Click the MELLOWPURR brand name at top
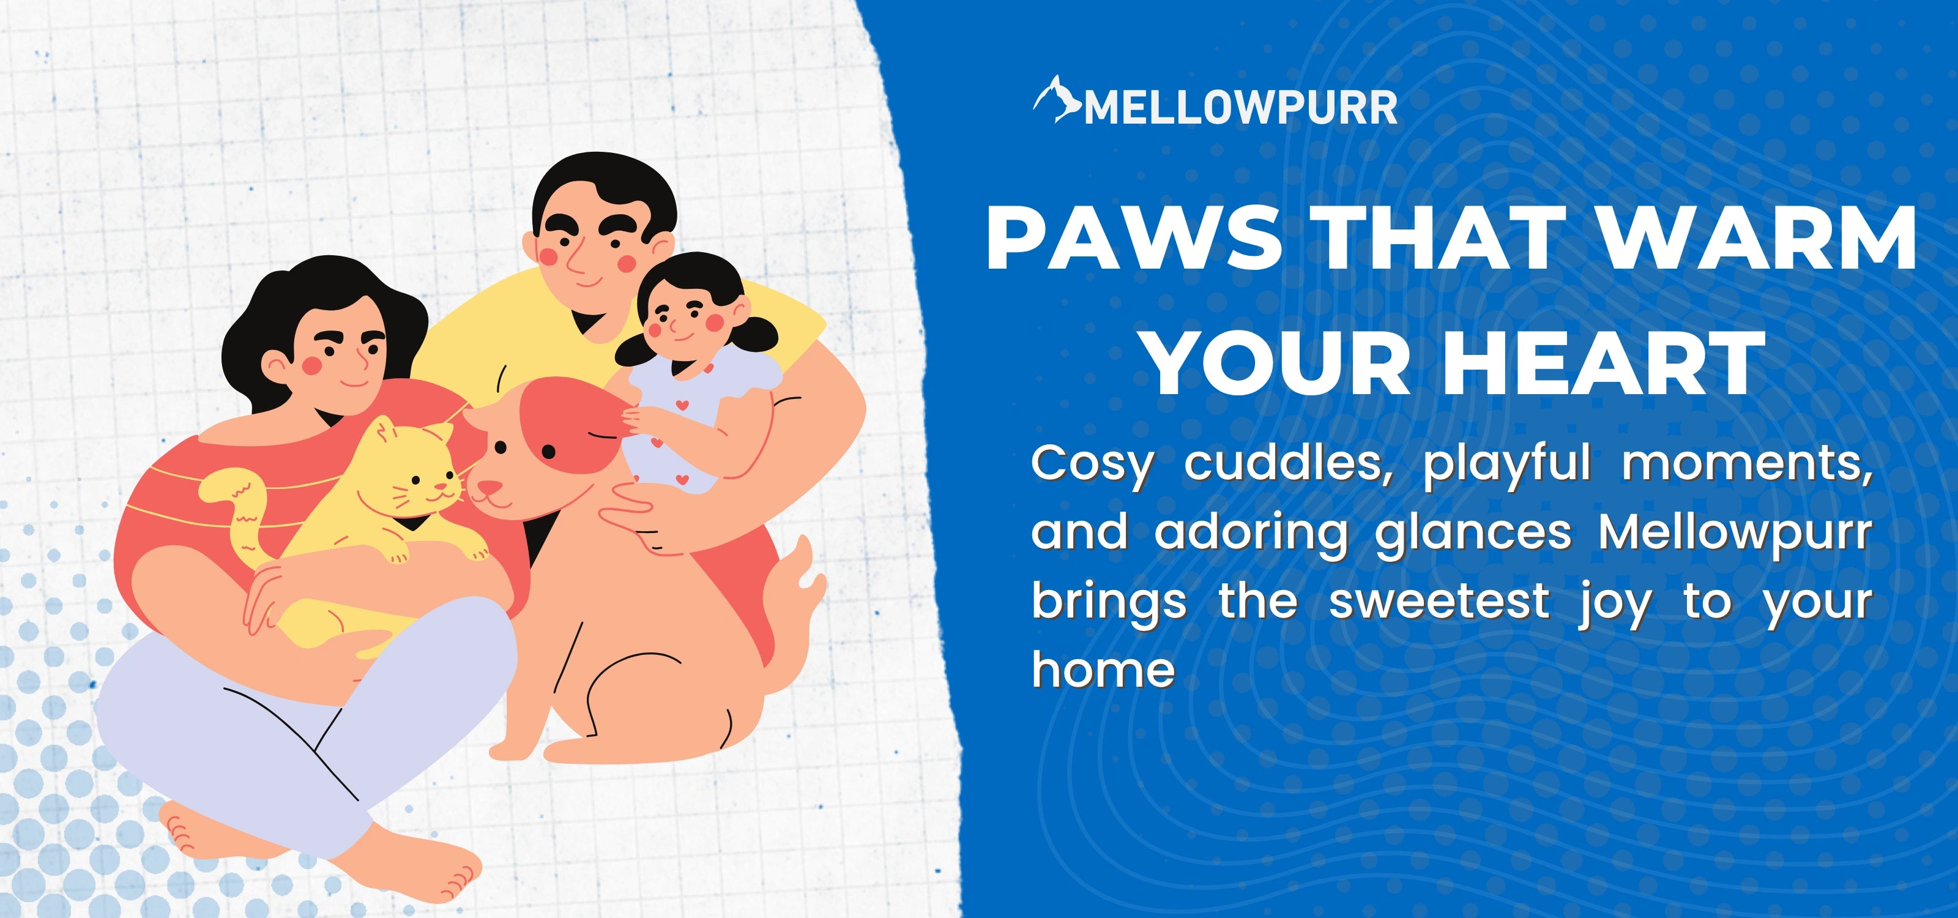point(1240,108)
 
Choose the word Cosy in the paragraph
point(1092,465)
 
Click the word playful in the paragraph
point(1507,465)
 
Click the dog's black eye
point(549,453)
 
